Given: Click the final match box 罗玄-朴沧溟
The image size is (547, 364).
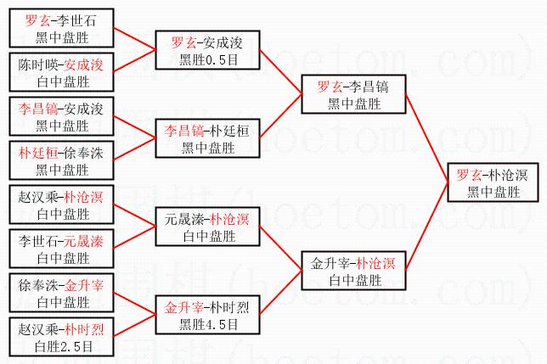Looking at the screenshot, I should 492,182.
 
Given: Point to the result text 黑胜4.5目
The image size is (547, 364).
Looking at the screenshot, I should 208,323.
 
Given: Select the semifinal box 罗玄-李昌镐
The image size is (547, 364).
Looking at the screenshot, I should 355,94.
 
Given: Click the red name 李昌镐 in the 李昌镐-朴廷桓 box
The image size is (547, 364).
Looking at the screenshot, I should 184,131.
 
